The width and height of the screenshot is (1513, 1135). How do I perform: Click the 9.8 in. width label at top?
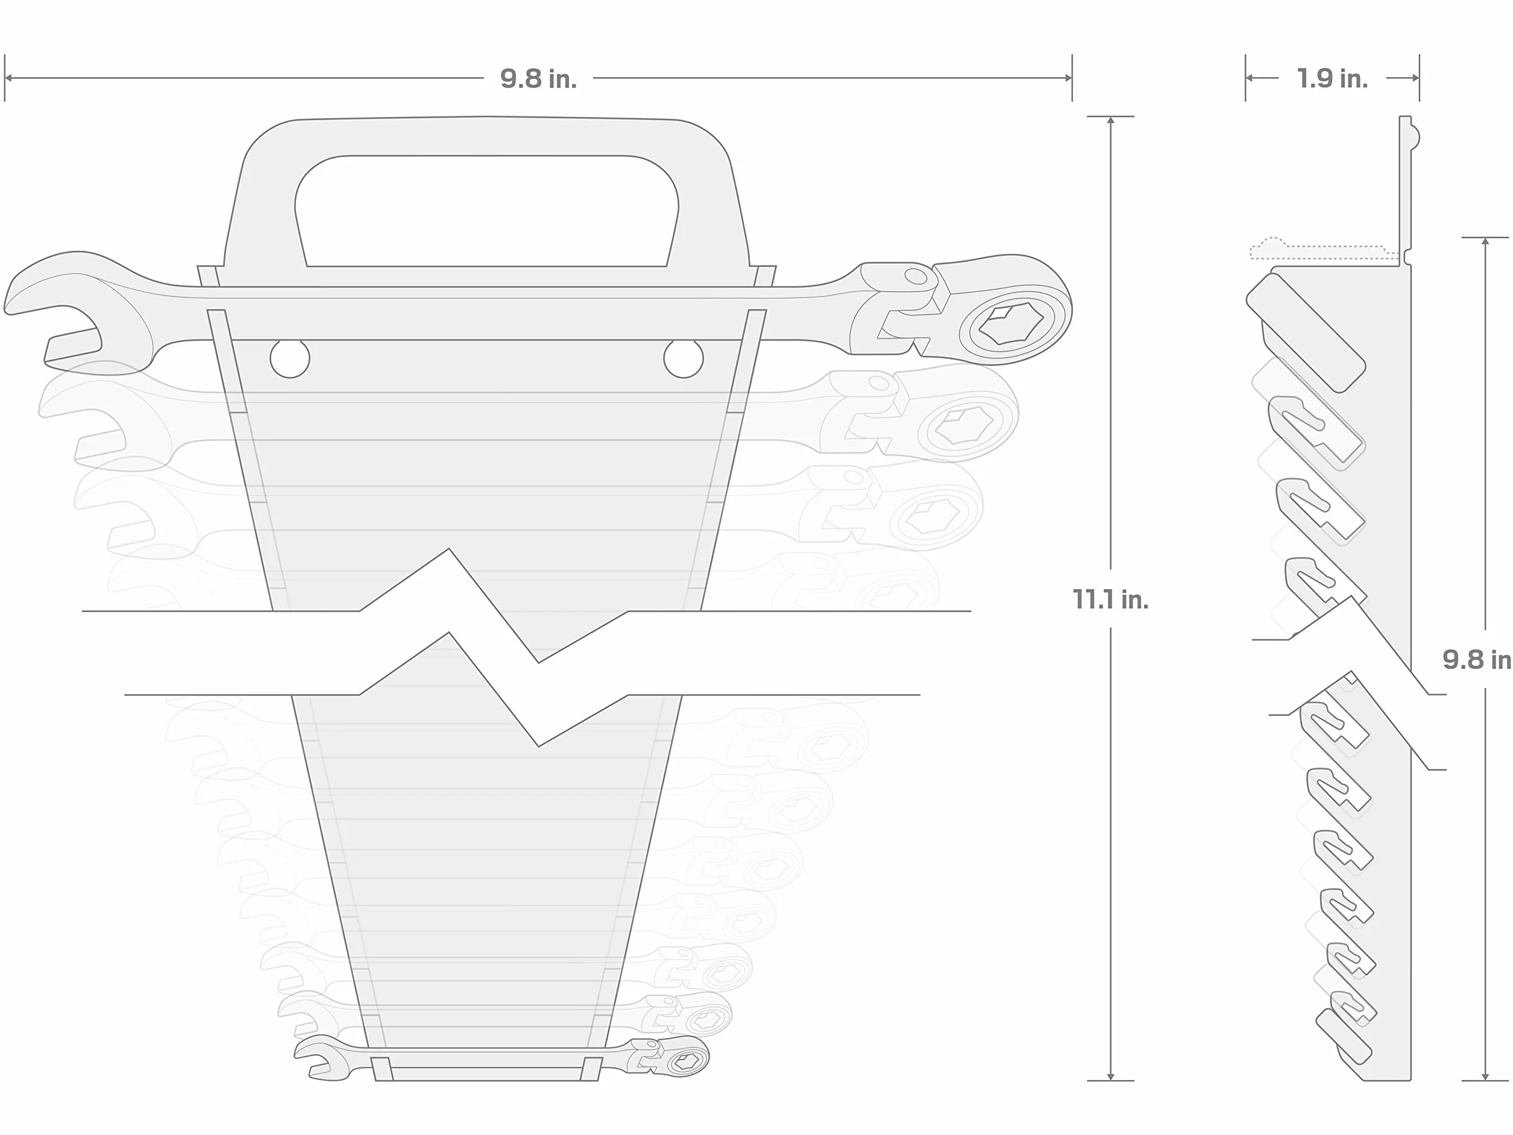pyautogui.click(x=538, y=78)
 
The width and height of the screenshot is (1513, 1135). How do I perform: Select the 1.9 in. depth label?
pyautogui.click(x=1332, y=78)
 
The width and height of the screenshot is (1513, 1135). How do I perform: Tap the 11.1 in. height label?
pyautogui.click(x=1110, y=599)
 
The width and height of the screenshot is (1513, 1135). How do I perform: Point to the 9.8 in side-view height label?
pyautogui.click(x=1477, y=660)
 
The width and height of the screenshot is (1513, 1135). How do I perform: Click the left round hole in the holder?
pyautogui.click(x=290, y=358)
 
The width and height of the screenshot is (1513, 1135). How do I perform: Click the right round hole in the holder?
pyautogui.click(x=684, y=358)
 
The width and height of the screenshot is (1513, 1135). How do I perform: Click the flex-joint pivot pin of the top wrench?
pyautogui.click(x=915, y=276)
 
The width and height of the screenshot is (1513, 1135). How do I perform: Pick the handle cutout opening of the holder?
pyautogui.click(x=486, y=210)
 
